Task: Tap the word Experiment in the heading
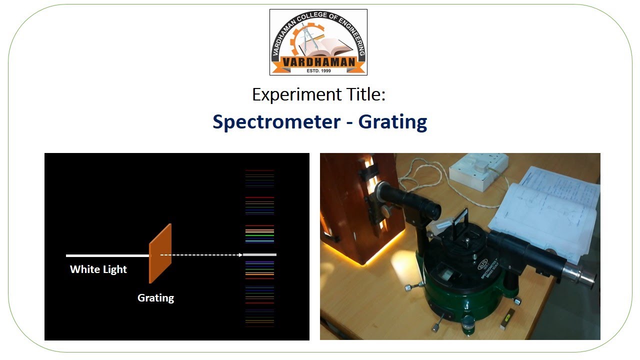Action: click(288, 94)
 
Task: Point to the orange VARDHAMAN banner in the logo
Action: click(318, 62)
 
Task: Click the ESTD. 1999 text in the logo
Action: click(318, 71)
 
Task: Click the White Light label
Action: click(98, 269)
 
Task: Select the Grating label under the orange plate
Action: click(155, 298)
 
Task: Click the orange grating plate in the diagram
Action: click(160, 253)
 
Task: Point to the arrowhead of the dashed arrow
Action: click(240, 255)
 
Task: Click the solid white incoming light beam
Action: click(107, 255)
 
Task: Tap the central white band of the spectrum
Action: click(260, 255)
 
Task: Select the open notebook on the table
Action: click(545, 210)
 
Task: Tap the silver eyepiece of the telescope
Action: click(580, 277)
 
